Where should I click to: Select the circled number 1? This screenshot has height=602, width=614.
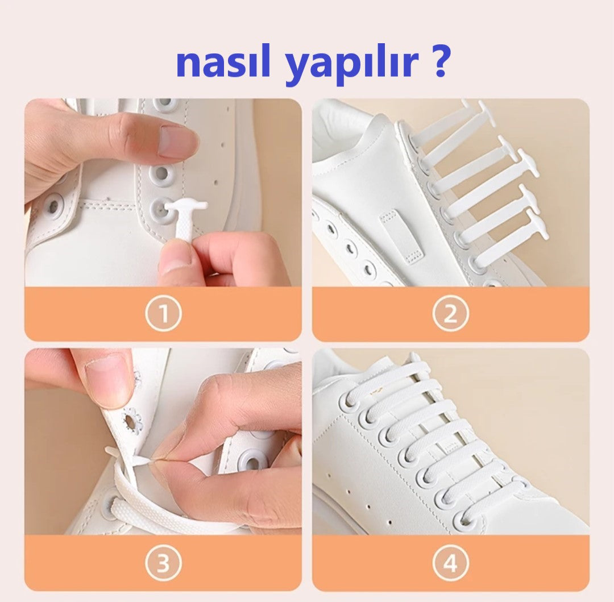coord(164,314)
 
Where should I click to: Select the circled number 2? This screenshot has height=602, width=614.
coord(451,314)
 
